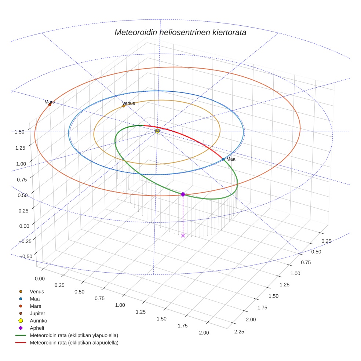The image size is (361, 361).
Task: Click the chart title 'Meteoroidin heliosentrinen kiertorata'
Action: point(180,32)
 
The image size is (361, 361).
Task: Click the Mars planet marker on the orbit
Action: point(50,105)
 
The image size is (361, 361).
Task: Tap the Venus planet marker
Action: point(124,106)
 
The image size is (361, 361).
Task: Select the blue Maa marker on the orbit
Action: point(223,159)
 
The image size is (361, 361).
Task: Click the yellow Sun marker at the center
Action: point(157,131)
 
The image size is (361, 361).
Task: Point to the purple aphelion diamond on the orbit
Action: point(183,194)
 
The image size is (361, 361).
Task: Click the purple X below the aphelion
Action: point(183,235)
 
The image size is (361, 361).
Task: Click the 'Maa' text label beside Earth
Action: point(231,159)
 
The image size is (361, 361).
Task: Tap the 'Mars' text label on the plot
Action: point(50,102)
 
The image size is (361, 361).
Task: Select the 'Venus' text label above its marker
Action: point(128,103)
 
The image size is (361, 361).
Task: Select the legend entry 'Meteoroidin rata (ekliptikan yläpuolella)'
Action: point(74,335)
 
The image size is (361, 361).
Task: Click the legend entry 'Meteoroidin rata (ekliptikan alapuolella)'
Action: point(74,343)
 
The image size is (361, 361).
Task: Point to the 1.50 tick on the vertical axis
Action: point(19,132)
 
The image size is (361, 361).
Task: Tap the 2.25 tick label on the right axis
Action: point(239,332)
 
